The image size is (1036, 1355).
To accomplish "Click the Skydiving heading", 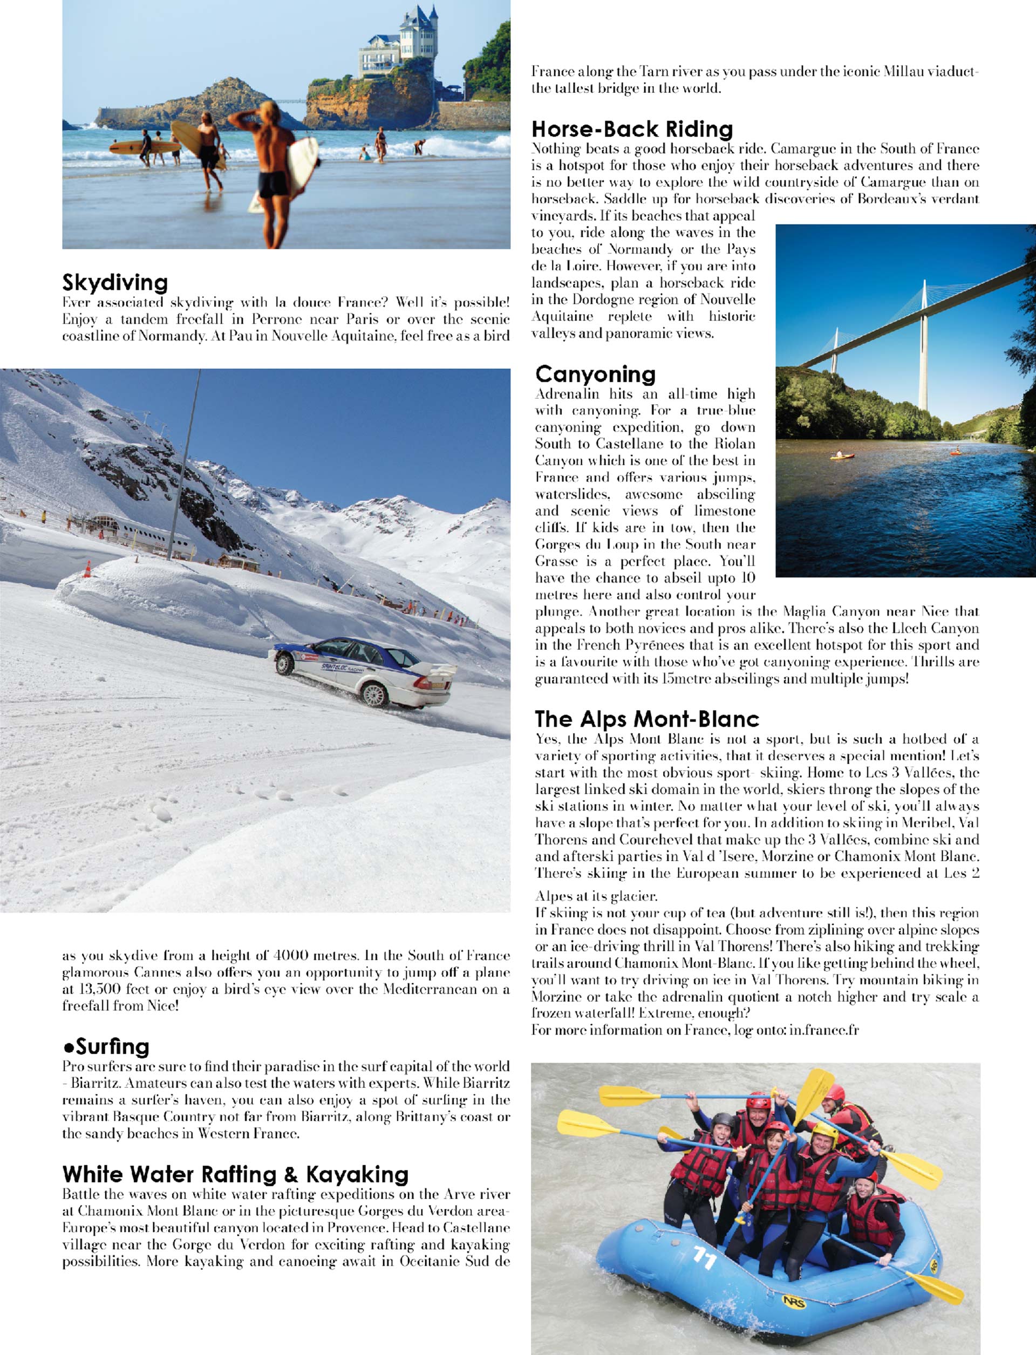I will tap(115, 283).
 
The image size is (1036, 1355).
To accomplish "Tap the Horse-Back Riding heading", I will tap(632, 129).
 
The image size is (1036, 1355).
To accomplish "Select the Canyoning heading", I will tap(595, 374).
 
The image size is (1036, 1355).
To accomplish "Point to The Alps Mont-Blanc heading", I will tap(646, 719).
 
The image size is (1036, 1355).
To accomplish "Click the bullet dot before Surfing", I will tap(68, 1048).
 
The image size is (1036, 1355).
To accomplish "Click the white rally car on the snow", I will tap(364, 672).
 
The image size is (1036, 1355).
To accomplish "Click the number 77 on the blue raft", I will tap(704, 1257).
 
